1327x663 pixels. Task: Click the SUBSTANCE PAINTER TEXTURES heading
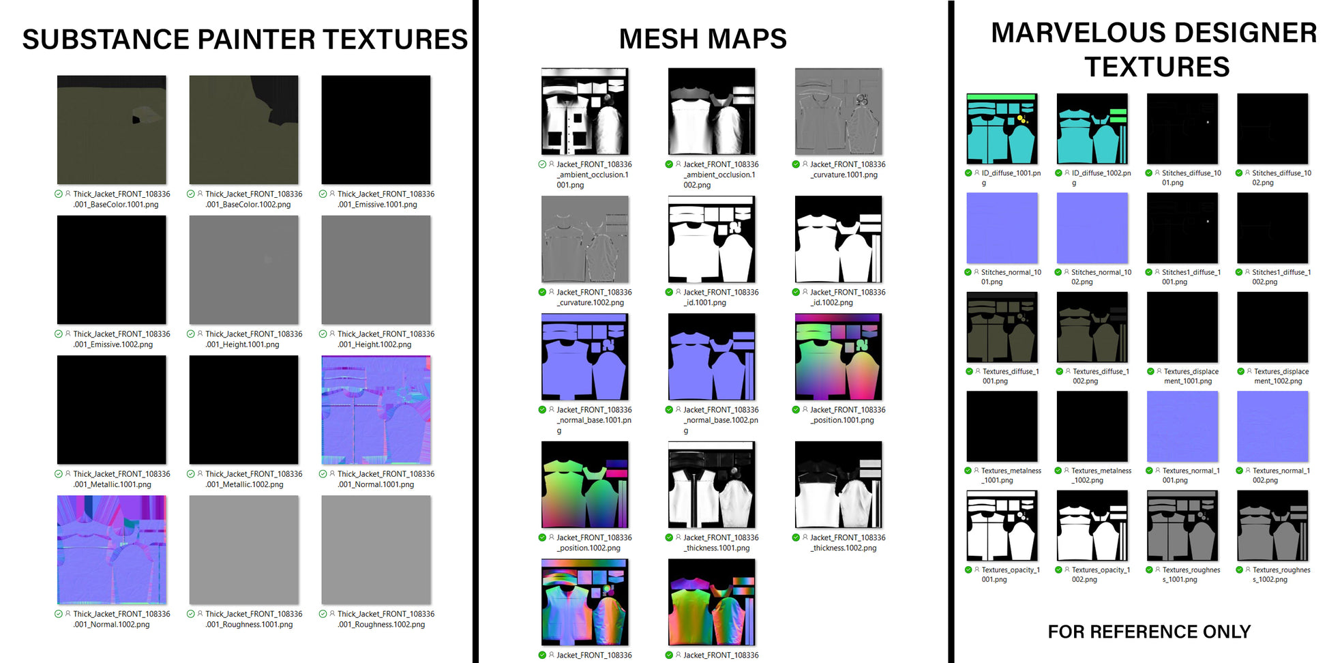245,40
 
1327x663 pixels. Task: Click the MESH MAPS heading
702,39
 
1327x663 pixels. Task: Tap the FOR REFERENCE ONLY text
1149,632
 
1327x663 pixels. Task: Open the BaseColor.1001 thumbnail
112,130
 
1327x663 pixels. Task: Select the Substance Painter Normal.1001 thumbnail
376,410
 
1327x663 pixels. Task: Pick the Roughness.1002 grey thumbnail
376,550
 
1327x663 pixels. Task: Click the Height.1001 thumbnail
243,269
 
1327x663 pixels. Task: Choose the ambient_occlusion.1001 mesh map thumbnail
584,111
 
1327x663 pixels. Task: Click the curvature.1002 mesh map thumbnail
584,239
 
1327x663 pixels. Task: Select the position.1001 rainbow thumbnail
838,357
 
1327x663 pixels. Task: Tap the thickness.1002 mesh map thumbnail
838,484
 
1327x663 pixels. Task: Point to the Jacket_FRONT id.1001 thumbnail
711,239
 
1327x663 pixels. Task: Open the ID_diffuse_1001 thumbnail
1002,129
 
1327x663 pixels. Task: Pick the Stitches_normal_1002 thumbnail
1092,228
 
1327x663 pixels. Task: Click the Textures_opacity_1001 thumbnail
1002,526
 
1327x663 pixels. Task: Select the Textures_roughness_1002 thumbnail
1272,526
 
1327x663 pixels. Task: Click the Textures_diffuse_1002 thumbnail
1092,327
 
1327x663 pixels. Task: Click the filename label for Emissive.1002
121,339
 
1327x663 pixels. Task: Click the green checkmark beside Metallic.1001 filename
59,474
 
